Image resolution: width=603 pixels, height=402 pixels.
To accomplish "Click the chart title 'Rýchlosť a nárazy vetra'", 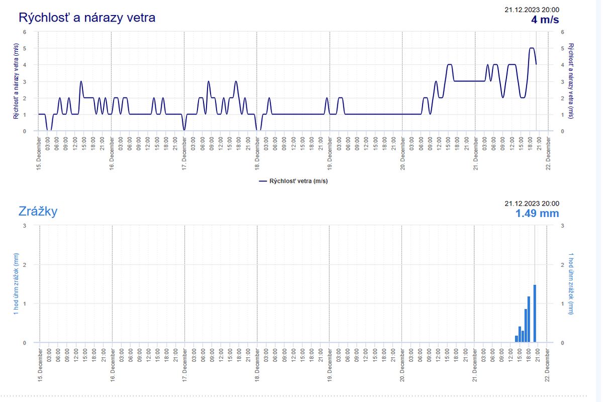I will [87, 18].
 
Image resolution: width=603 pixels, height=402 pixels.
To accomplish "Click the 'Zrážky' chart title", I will [38, 211].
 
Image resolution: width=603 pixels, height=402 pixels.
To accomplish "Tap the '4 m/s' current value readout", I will [545, 20].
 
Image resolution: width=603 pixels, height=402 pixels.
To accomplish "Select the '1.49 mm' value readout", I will [537, 213].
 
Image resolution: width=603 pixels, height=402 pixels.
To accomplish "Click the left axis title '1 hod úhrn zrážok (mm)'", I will [17, 284].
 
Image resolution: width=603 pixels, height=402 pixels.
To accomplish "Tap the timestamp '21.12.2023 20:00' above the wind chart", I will [532, 10].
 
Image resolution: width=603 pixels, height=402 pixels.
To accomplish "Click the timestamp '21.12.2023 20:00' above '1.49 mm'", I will [532, 203].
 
